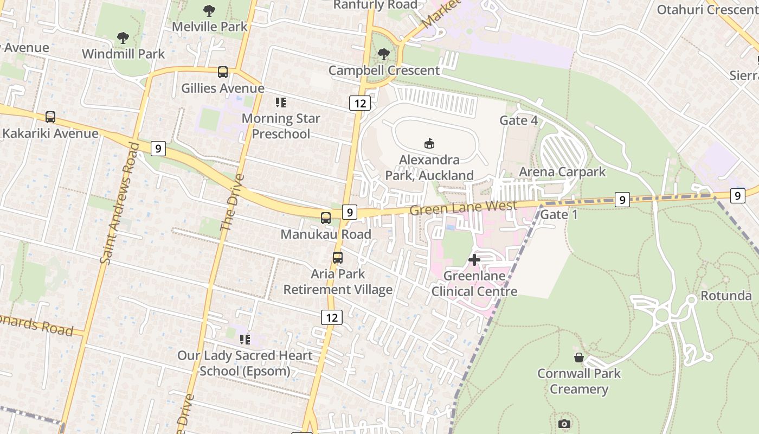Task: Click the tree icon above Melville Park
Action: [x=209, y=11]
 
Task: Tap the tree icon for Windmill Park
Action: [x=123, y=38]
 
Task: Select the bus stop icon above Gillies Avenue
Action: [x=223, y=72]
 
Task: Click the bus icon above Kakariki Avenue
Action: [x=50, y=117]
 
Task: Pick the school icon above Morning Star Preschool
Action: [x=280, y=102]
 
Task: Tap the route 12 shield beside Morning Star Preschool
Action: [x=359, y=103]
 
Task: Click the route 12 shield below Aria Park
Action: [x=331, y=317]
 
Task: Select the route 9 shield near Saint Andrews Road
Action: [x=158, y=148]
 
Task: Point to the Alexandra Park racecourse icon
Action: [x=429, y=143]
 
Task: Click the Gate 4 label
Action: [x=519, y=120]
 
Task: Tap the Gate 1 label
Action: [x=559, y=214]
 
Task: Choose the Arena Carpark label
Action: [x=562, y=172]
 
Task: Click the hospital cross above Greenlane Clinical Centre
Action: [x=474, y=260]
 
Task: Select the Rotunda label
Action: [x=726, y=296]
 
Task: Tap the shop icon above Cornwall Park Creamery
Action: [x=579, y=358]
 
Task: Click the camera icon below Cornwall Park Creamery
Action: [x=564, y=424]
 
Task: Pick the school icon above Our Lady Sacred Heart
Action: [x=245, y=340]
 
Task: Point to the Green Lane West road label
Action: [x=463, y=207]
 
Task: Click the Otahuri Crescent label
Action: [x=707, y=10]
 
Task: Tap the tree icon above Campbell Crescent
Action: [x=384, y=54]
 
